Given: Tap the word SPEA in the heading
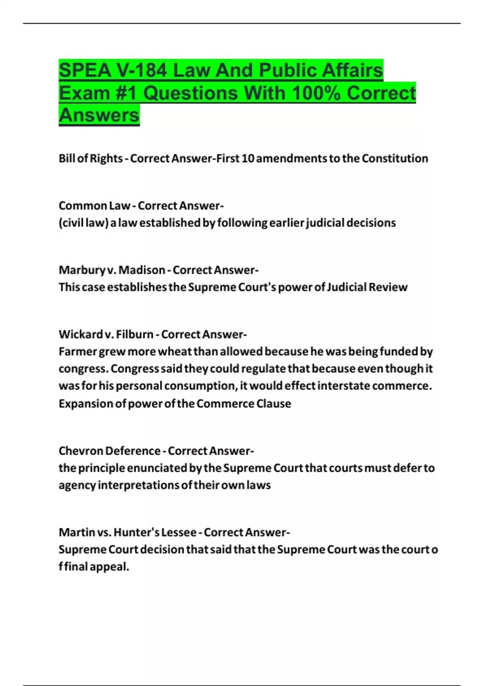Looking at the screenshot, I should point(85,71).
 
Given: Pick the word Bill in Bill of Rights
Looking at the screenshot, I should point(67,159).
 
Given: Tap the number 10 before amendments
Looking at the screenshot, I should point(248,159).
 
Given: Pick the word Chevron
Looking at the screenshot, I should point(81,451).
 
